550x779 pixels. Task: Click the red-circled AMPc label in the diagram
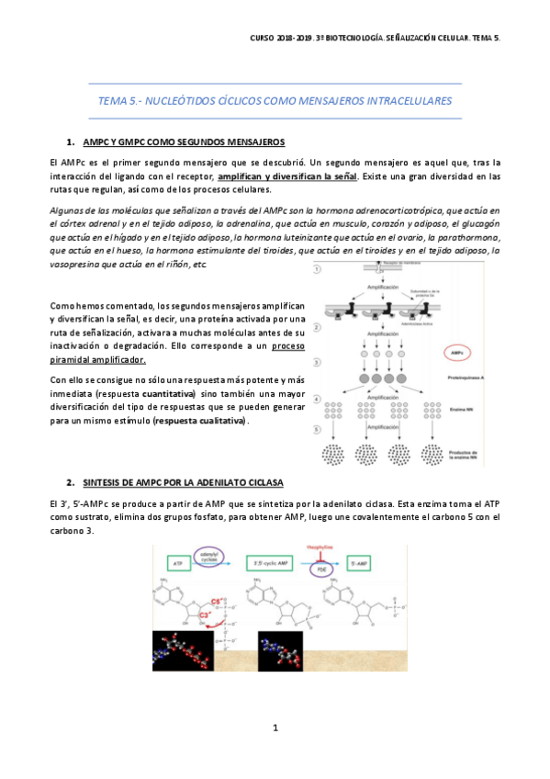[x=457, y=353]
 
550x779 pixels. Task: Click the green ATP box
[x=180, y=560]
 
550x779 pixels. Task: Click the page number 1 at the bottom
[x=275, y=728]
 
